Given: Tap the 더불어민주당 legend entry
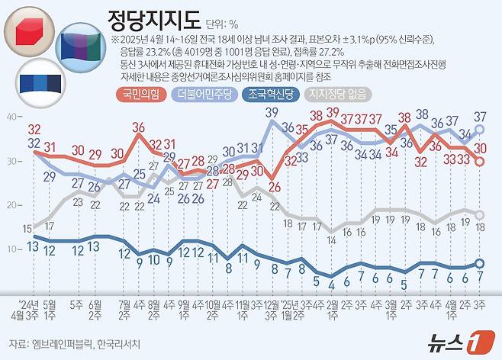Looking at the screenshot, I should pyautogui.click(x=204, y=95).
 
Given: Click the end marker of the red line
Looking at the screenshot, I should pyautogui.click(x=480, y=161).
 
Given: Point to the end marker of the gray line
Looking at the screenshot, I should pyautogui.click(x=480, y=214).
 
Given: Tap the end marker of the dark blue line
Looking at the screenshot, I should pyautogui.click(x=480, y=263).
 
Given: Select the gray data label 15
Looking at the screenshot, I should pyautogui.click(x=27, y=228).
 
